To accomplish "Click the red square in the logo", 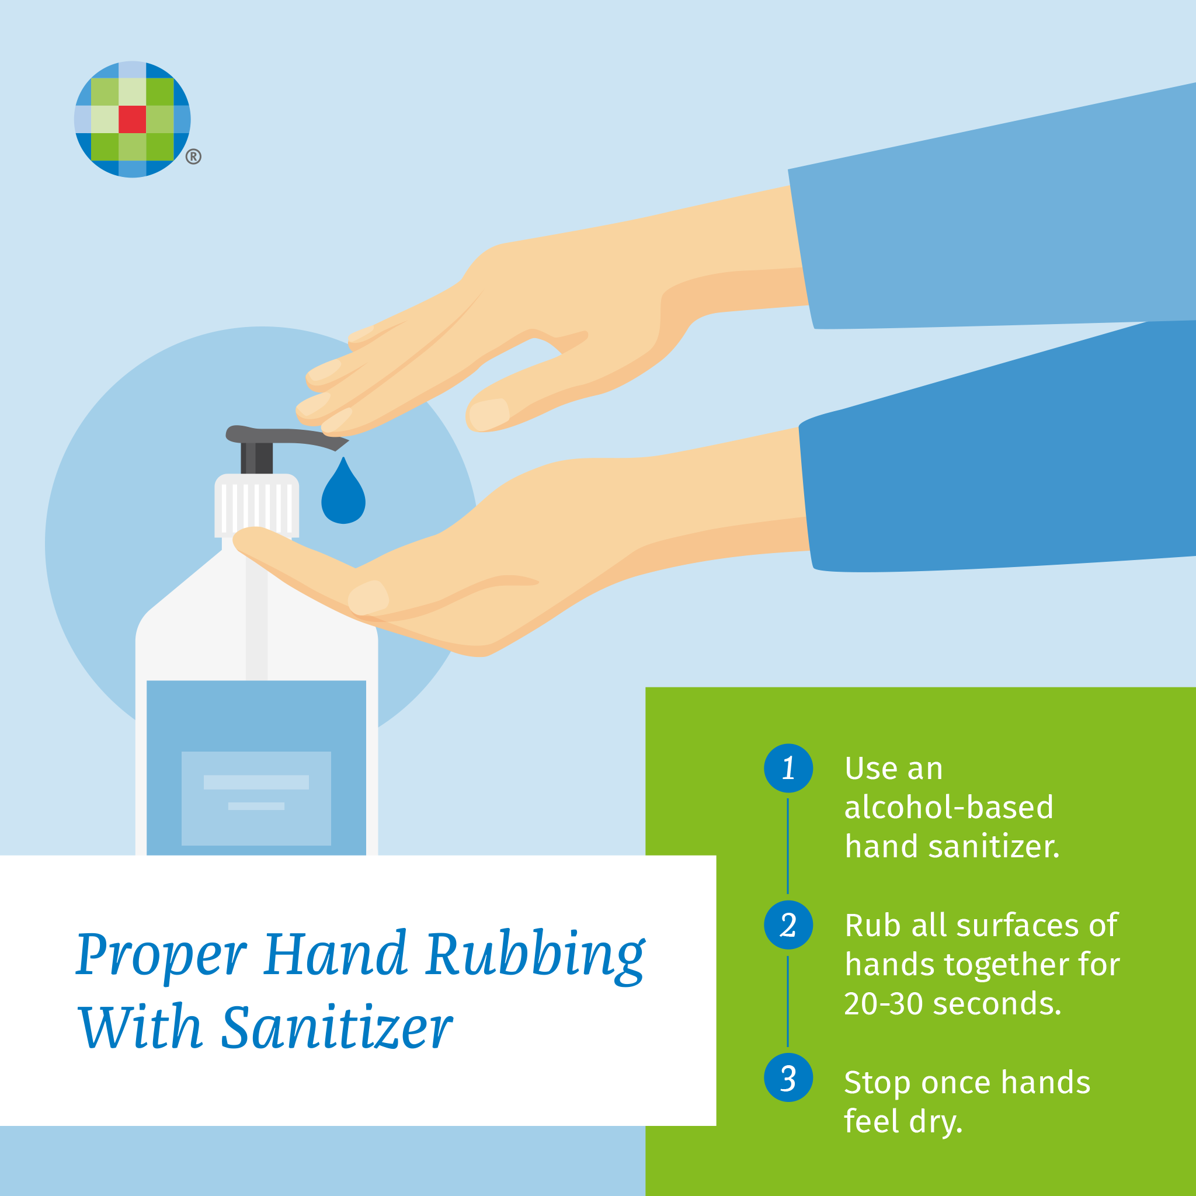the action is point(132,120).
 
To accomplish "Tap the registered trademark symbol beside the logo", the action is point(193,157).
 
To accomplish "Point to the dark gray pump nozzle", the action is point(286,437).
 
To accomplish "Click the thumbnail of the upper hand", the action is point(488,414).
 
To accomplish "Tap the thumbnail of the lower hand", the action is point(368,597).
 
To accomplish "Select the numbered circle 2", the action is point(788,925).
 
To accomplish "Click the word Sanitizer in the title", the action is point(337,1028).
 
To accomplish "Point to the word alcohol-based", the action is point(948,807).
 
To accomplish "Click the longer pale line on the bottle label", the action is point(256,782).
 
